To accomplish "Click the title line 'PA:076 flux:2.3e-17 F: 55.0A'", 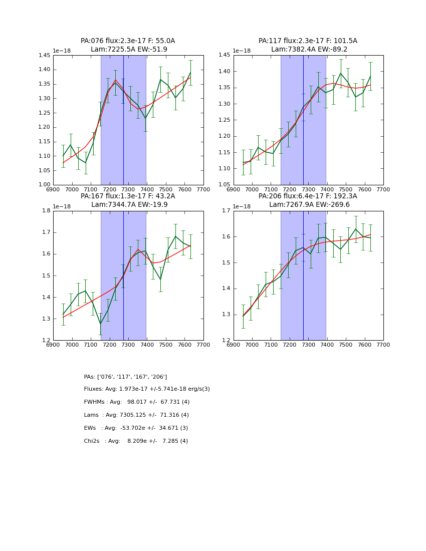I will pos(128,41).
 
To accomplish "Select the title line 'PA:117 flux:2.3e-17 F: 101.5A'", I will pos(308,41).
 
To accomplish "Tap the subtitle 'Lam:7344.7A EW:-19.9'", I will pos(129,204).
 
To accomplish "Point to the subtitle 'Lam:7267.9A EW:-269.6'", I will pos(309,204).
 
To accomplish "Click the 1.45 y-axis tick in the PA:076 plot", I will pos(45,56).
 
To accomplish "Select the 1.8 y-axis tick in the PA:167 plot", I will pos(47,211).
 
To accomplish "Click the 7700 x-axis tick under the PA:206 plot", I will pos(383,345).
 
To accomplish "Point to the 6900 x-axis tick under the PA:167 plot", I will pos(53,345).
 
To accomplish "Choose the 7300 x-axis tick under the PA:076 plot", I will pos(128,189).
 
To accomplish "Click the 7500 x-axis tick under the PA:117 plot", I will pos(346,189).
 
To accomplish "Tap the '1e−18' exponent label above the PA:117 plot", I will pos(242,51).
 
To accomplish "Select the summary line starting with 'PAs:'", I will pos(125,377).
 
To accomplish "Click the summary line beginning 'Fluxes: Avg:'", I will pos(147,389).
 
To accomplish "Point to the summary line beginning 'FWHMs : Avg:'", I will pos(137,402).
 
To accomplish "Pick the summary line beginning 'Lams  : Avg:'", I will pos(136,415).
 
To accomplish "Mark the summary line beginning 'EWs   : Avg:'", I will pos(136,428).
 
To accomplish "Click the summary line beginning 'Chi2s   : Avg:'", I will pos(136,441).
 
